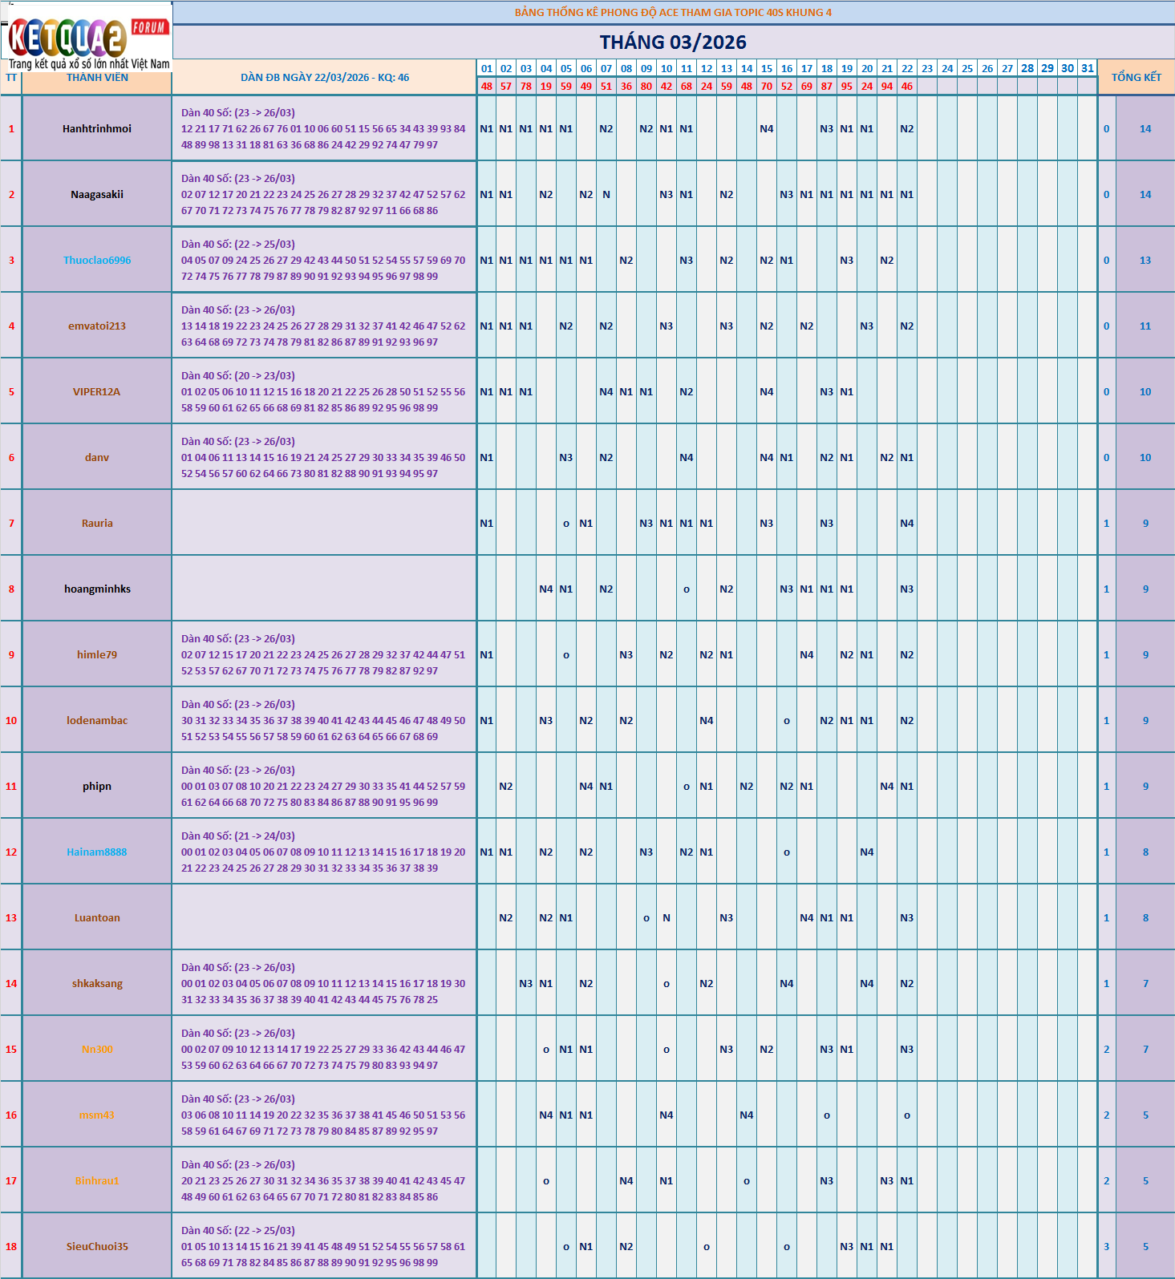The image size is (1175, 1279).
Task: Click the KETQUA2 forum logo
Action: [x=87, y=37]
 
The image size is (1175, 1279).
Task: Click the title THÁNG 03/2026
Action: [x=673, y=42]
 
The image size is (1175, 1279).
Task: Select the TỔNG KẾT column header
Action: [x=1136, y=77]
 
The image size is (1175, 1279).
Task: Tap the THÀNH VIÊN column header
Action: [x=97, y=78]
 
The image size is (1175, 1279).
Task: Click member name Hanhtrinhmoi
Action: [x=97, y=129]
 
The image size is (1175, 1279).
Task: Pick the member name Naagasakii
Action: [x=97, y=195]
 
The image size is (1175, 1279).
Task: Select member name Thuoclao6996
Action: [x=97, y=261]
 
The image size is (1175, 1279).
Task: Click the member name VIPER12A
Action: [x=97, y=392]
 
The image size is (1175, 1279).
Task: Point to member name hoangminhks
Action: [x=97, y=589]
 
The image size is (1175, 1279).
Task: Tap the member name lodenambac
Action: [x=97, y=721]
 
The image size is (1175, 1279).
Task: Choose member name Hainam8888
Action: [x=97, y=852]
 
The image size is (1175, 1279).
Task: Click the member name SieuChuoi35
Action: [x=97, y=1247]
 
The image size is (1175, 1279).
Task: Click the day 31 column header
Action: [x=1087, y=68]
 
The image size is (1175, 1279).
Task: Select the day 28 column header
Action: [x=1027, y=68]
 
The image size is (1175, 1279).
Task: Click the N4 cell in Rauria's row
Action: [x=906, y=524]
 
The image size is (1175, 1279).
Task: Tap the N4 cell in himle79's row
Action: [x=806, y=655]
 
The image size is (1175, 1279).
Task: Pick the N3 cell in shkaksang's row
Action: [x=525, y=984]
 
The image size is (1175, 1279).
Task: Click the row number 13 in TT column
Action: [x=11, y=918]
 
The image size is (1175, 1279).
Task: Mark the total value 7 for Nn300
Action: [x=1145, y=1050]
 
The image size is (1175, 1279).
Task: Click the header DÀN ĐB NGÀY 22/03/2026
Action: [x=324, y=78]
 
